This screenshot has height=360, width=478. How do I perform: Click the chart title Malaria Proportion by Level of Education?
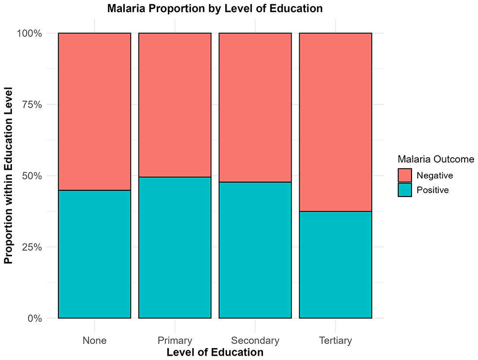click(215, 8)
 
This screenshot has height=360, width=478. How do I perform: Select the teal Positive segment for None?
click(95, 254)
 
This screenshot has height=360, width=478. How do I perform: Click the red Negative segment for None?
click(95, 111)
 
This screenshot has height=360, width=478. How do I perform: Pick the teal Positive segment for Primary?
click(175, 248)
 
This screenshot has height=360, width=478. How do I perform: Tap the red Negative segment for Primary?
click(175, 105)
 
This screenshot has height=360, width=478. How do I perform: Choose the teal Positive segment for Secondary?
click(255, 250)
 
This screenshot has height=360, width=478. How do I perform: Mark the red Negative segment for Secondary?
click(255, 107)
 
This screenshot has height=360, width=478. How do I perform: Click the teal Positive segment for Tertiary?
click(336, 264)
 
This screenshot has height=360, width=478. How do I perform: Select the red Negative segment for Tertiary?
click(336, 122)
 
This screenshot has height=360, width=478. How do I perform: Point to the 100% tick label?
click(29, 33)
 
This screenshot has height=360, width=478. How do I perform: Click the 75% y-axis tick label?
click(32, 105)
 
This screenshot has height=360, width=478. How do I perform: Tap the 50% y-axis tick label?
click(32, 176)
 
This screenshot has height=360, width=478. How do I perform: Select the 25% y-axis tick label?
click(32, 247)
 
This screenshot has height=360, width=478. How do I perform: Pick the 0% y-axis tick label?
click(34, 318)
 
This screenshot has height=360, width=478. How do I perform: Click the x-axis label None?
click(95, 340)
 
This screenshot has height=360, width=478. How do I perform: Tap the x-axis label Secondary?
click(255, 340)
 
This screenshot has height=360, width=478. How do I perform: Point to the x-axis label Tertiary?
click(336, 340)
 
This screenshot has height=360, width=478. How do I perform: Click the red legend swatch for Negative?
click(405, 175)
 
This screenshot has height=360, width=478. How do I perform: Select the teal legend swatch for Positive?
click(405, 190)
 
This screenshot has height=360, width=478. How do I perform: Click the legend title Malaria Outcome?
click(436, 159)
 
